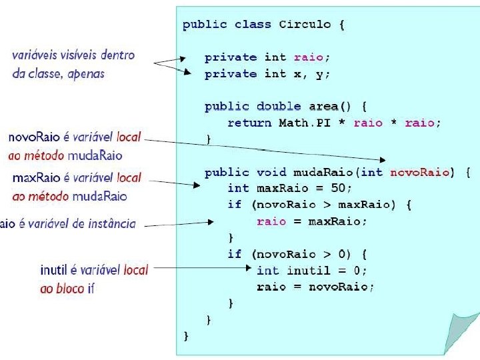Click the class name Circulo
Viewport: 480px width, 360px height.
[x=305, y=25]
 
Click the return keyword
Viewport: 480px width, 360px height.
[x=249, y=123]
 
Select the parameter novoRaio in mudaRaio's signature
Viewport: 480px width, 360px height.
[x=419, y=172]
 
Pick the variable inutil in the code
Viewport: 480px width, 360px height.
[x=309, y=271]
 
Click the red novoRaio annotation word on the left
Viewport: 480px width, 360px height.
[x=33, y=137]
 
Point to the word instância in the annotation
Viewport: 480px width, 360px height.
[x=111, y=224]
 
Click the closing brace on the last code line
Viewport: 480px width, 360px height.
[x=187, y=336]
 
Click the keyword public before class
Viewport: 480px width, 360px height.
[x=205, y=25]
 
